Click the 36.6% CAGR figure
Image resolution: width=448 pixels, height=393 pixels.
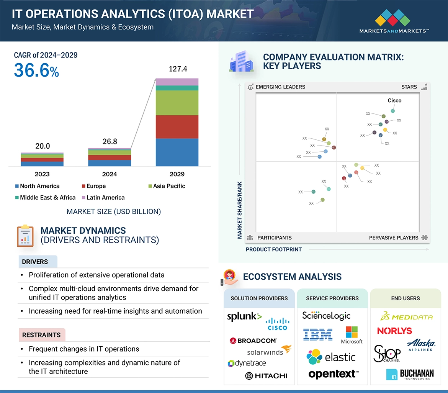(x=36, y=70)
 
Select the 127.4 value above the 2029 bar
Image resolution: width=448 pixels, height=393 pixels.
(x=178, y=69)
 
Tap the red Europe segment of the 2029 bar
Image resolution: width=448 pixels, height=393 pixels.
(x=177, y=127)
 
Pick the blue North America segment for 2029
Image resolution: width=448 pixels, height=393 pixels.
(x=177, y=152)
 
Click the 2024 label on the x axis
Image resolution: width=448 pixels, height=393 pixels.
(x=110, y=174)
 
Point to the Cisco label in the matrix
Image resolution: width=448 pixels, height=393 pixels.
(x=394, y=101)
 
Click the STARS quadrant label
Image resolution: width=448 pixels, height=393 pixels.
(x=409, y=87)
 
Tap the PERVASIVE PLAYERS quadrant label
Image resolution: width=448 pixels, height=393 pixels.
(x=394, y=238)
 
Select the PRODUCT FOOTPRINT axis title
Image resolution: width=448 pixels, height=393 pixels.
(x=274, y=250)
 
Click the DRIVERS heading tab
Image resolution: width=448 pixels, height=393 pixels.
(x=35, y=262)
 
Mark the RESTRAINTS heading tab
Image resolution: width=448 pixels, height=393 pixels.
(x=41, y=335)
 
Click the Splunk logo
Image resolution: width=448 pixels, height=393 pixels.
(x=244, y=316)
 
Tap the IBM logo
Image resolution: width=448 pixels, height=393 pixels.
(x=317, y=334)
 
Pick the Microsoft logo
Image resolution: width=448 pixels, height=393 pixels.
(x=352, y=335)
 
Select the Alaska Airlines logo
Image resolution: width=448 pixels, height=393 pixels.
(x=420, y=344)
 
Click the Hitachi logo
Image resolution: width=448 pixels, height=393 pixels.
(x=266, y=376)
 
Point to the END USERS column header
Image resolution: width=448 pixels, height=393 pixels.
(x=405, y=298)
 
